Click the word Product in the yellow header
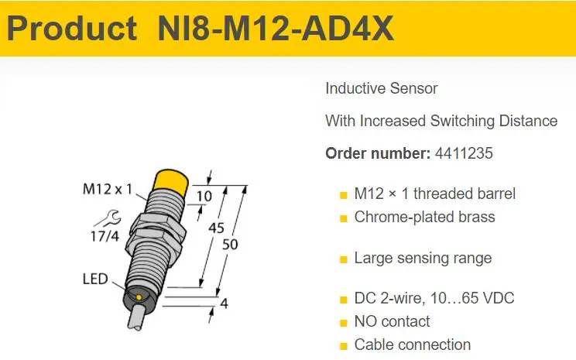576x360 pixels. tap(72, 29)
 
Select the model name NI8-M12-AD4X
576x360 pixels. tap(276, 29)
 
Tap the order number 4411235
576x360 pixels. tap(464, 153)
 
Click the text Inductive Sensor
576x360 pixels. tap(382, 88)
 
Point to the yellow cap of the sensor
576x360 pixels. tap(170, 180)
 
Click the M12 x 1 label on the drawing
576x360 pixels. tap(108, 189)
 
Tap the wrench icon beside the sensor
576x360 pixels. tap(108, 218)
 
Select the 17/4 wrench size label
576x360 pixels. tap(105, 236)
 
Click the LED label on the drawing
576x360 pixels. tap(95, 279)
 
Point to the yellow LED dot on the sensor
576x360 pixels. tap(139, 297)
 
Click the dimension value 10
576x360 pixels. tap(204, 196)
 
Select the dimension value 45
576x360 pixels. tap(216, 228)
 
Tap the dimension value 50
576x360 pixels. tap(230, 245)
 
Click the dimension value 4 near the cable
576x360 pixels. tap(224, 303)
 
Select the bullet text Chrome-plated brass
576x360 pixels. tap(425, 217)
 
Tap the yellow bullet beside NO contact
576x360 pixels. tap(344, 324)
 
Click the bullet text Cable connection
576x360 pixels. tap(413, 345)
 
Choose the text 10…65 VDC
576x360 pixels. tap(472, 298)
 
